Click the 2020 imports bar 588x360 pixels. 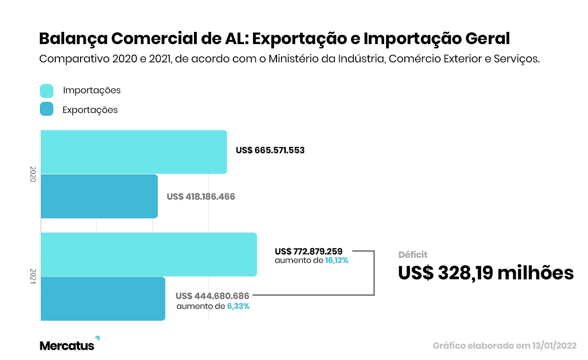click(134, 152)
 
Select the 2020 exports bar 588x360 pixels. click(99, 196)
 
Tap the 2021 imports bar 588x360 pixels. click(149, 254)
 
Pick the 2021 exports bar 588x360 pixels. click(103, 299)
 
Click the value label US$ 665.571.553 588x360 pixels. click(270, 150)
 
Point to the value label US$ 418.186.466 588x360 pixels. click(201, 196)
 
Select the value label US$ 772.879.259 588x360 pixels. click(309, 251)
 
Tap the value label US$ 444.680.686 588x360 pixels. click(213, 296)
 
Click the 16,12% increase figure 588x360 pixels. click(337, 261)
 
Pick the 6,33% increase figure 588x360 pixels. click(238, 307)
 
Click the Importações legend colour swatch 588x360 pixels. click(47, 90)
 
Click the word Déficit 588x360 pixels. click(413, 255)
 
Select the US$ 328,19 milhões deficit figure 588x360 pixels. click(486, 273)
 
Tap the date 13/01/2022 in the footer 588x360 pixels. click(554, 346)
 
